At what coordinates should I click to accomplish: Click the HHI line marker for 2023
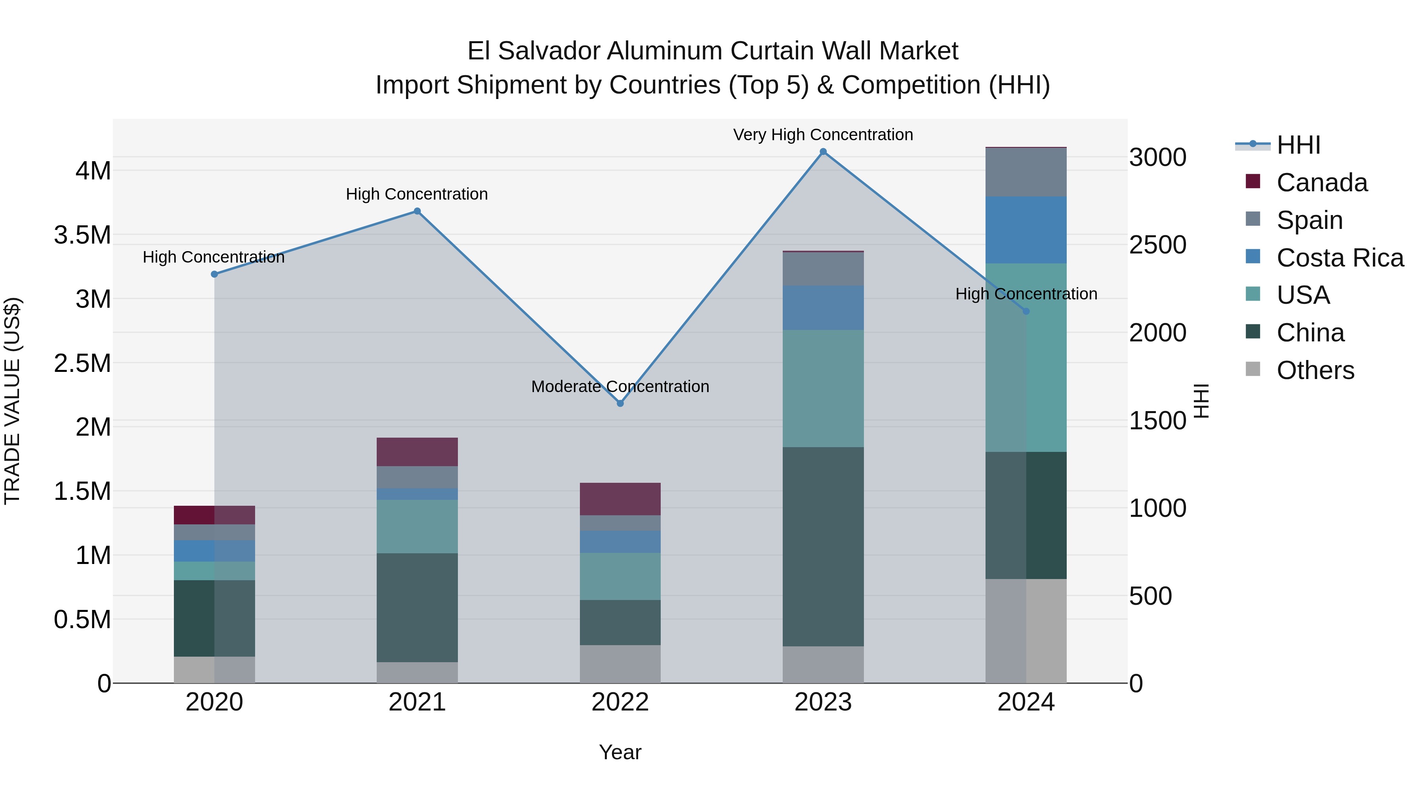(x=823, y=152)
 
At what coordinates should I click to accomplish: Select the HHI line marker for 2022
(x=620, y=404)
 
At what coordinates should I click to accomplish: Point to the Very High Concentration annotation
(x=823, y=135)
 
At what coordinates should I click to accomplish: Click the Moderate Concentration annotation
(x=620, y=386)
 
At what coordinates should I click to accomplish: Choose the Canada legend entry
(x=1321, y=183)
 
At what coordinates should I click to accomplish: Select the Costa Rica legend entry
(x=1340, y=258)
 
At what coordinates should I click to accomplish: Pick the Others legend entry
(x=1315, y=370)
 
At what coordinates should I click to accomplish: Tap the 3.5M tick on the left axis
(x=82, y=235)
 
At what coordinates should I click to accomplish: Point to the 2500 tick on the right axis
(x=1157, y=245)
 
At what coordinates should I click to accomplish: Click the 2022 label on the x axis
(x=620, y=702)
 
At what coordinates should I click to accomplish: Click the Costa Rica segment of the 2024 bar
(x=1026, y=230)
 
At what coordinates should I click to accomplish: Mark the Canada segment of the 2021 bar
(x=418, y=451)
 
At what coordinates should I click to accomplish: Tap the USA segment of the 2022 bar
(x=620, y=576)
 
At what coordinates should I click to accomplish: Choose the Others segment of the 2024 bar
(x=1026, y=631)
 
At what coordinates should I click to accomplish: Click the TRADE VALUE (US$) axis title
(x=13, y=401)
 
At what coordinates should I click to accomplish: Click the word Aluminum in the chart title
(x=667, y=51)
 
